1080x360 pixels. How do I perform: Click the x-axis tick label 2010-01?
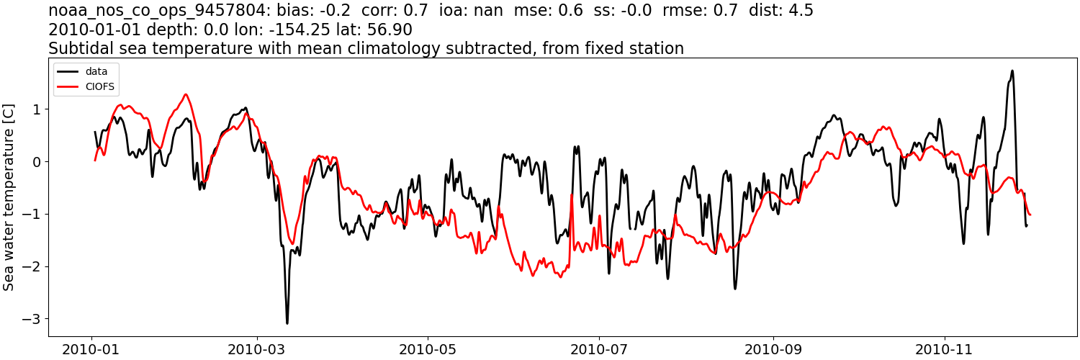point(91,349)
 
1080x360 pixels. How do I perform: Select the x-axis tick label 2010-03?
point(257,349)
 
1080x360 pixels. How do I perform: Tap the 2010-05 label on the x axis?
point(428,349)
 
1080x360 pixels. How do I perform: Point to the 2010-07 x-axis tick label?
point(598,349)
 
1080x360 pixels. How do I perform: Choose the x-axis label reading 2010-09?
point(773,349)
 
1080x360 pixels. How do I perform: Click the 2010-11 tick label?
point(943,349)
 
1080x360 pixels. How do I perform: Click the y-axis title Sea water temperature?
point(9,197)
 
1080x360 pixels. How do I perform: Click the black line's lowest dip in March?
point(287,323)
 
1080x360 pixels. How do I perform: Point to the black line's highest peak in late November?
point(1012,71)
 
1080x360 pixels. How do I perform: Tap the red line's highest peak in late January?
point(186,94)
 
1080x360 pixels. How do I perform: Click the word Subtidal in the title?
point(78,49)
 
